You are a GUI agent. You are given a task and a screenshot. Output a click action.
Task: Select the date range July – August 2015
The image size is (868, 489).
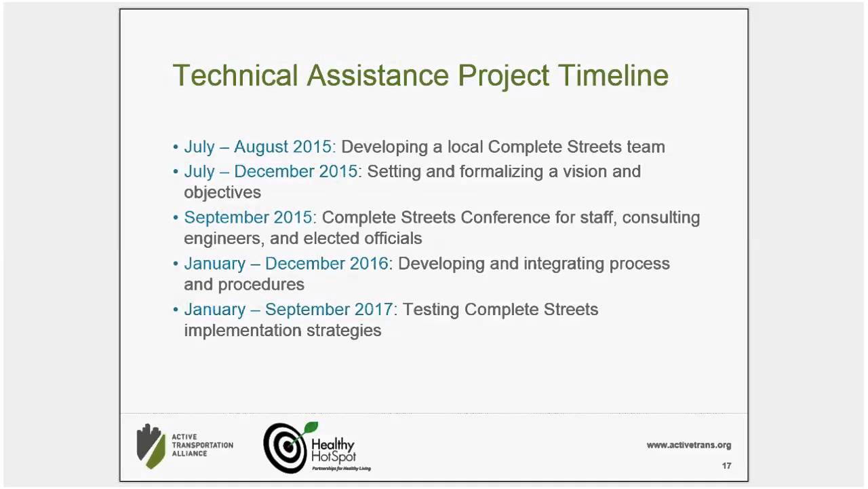coord(258,147)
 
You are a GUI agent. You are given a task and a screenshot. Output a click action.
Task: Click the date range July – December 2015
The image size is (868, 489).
coord(271,171)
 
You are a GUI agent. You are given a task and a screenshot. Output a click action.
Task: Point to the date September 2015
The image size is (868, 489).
coord(248,217)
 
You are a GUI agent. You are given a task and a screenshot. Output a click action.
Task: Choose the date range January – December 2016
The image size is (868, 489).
coord(285,264)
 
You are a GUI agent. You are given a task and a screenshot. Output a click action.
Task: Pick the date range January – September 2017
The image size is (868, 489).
coord(288,310)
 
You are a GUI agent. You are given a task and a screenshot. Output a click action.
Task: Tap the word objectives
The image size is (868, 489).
coord(222,192)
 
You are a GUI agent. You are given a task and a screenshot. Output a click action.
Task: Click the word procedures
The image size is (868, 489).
coord(266,285)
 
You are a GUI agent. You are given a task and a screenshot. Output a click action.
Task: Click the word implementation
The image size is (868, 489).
coord(243,331)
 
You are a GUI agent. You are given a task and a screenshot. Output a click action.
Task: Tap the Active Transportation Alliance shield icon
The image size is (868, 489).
coord(151,446)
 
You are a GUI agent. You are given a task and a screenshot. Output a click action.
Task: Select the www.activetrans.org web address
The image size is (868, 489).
coord(688,446)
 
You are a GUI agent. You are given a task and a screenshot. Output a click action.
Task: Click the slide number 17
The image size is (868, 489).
coord(726,466)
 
